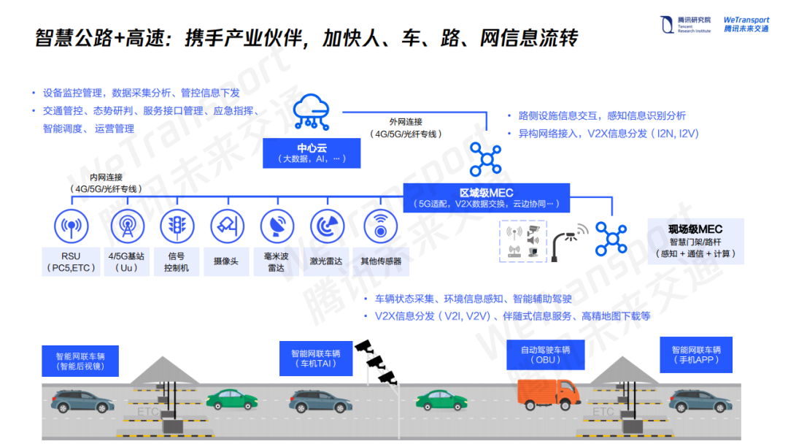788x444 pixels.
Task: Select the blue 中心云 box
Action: tap(312, 153)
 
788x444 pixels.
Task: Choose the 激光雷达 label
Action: tap(327, 261)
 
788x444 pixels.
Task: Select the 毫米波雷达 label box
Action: tap(276, 262)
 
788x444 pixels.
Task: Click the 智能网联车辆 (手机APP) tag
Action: tap(696, 355)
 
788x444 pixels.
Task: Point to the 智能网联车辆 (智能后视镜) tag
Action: tap(80, 361)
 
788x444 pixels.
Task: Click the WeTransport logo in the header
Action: tap(746, 24)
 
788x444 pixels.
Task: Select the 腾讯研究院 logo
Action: tap(684, 25)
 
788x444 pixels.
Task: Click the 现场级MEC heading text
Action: tap(695, 229)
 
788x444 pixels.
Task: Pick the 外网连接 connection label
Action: tap(406, 122)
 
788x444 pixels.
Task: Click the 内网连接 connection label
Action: tap(107, 177)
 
